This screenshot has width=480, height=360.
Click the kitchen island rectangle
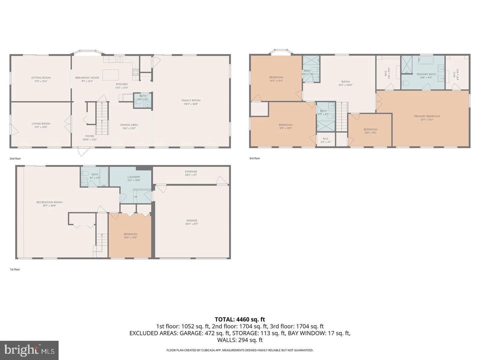tap(110, 75)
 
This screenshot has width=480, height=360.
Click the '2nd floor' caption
tap(15, 159)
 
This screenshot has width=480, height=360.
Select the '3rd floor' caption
tap(255, 158)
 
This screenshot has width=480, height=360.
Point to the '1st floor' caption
tap(15, 269)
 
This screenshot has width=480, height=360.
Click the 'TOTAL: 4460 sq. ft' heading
tap(240, 319)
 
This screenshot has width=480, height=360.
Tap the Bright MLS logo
tap(29, 350)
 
